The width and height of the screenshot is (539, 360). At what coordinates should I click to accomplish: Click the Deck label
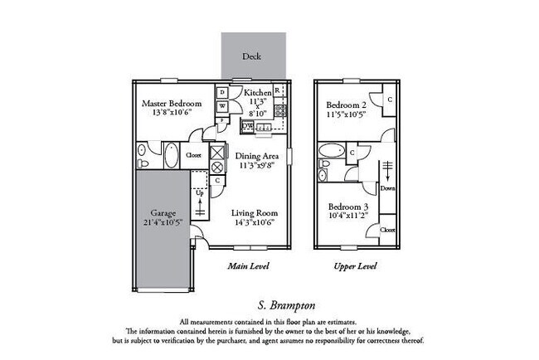pyautogui.click(x=252, y=57)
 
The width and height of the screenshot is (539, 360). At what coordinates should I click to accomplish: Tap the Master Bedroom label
pyautogui.click(x=172, y=104)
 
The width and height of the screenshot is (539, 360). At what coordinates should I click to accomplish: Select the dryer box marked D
pyautogui.click(x=223, y=92)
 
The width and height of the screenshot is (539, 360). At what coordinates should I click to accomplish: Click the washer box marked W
pyautogui.click(x=223, y=106)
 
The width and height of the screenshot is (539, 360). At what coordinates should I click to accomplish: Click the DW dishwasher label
pyautogui.click(x=247, y=126)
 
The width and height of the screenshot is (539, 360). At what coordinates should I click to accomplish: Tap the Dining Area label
pyautogui.click(x=256, y=156)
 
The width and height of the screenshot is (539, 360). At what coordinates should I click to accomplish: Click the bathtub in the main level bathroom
pyautogui.click(x=170, y=155)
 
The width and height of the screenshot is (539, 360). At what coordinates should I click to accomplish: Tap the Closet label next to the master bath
pyautogui.click(x=193, y=155)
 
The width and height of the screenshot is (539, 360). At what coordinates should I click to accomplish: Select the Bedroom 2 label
pyautogui.click(x=346, y=105)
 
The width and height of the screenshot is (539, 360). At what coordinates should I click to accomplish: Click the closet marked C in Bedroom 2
pyautogui.click(x=389, y=100)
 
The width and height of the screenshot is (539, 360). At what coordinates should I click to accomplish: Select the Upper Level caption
pyautogui.click(x=355, y=266)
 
